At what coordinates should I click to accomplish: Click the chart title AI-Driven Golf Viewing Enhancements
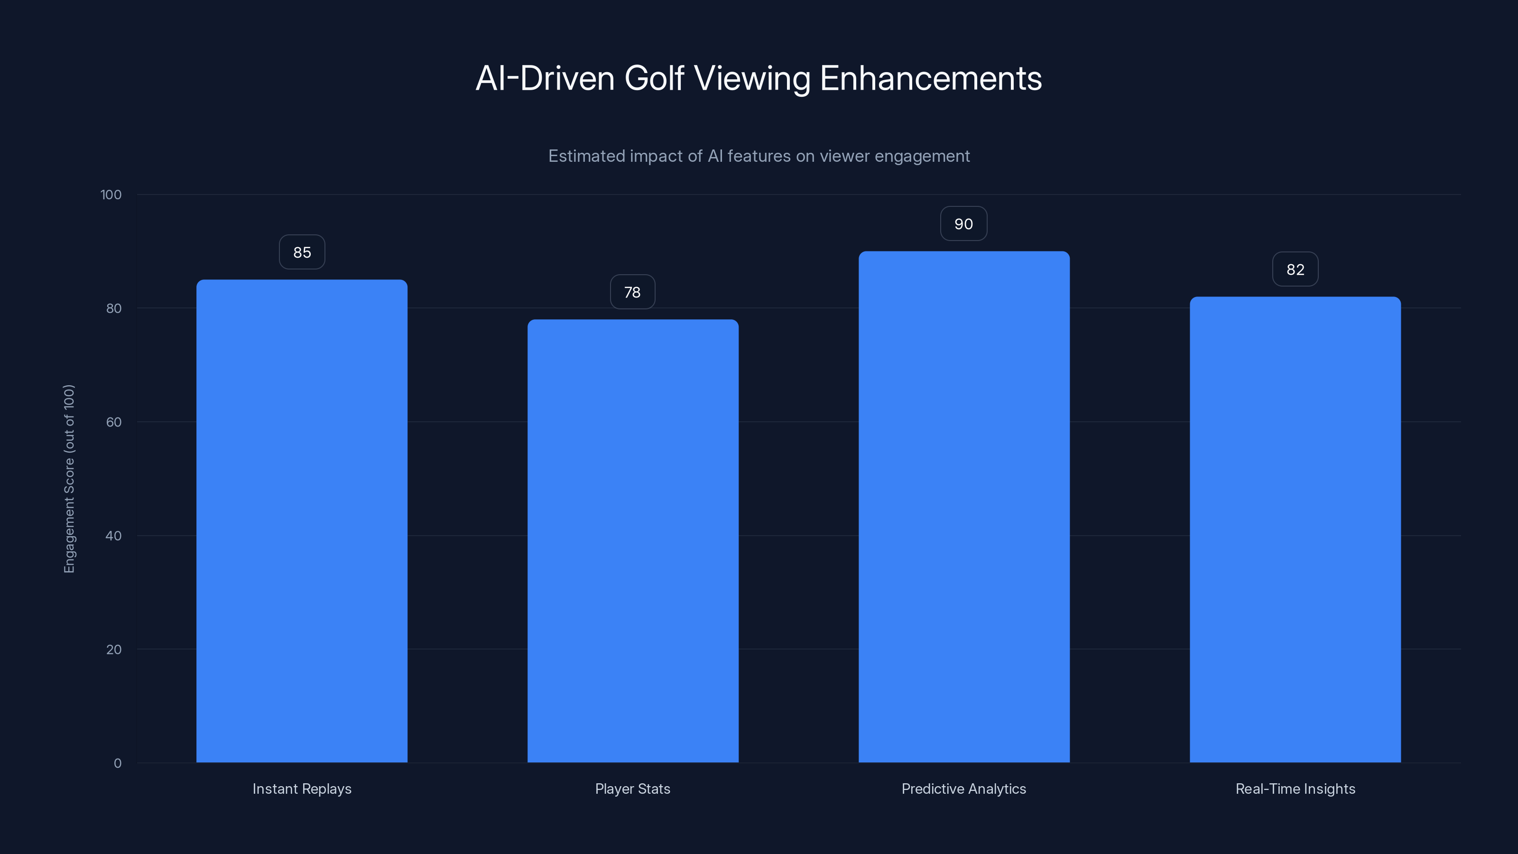click(x=759, y=78)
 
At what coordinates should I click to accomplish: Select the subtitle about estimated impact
click(x=759, y=156)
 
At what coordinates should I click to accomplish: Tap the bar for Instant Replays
click(x=302, y=521)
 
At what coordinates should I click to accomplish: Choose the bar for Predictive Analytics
click(x=963, y=507)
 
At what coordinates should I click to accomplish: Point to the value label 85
click(x=302, y=252)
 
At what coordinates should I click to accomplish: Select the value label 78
click(x=632, y=292)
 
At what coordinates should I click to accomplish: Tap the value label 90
click(x=963, y=224)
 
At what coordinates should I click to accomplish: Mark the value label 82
click(x=1295, y=269)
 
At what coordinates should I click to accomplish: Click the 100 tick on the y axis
click(x=111, y=195)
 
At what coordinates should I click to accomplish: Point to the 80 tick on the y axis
click(x=114, y=309)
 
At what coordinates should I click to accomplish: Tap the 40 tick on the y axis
click(x=114, y=536)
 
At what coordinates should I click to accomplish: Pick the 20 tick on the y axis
click(x=114, y=650)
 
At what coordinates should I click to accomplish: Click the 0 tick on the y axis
click(x=117, y=764)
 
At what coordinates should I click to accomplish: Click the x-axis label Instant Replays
click(x=302, y=789)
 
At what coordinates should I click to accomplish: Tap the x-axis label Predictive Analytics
click(x=963, y=789)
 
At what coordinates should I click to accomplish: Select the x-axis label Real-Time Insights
click(x=1295, y=789)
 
